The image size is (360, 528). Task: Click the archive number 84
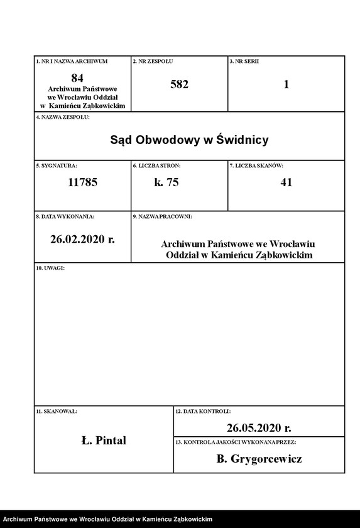tap(77, 78)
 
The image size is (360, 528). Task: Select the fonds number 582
tap(179, 84)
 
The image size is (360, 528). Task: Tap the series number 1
tap(286, 84)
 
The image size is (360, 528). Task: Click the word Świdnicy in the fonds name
tap(242, 140)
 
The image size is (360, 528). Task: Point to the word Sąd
tap(121, 140)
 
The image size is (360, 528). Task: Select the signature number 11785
tap(82, 183)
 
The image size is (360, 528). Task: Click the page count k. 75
tap(166, 183)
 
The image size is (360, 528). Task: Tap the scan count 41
tap(286, 183)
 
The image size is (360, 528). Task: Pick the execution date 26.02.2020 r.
tap(82, 239)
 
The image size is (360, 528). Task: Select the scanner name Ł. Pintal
tap(104, 441)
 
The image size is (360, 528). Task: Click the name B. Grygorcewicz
tap(259, 459)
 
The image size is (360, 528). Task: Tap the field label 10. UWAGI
tap(50, 268)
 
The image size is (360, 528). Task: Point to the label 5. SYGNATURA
tap(57, 165)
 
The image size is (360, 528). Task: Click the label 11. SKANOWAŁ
tap(57, 411)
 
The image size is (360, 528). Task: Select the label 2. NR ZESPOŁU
tap(153, 61)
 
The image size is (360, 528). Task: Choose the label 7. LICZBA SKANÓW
tap(256, 165)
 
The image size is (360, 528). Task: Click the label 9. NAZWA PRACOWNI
tap(162, 216)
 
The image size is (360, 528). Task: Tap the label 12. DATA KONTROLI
tap(203, 411)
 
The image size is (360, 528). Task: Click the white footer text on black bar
tap(107, 519)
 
